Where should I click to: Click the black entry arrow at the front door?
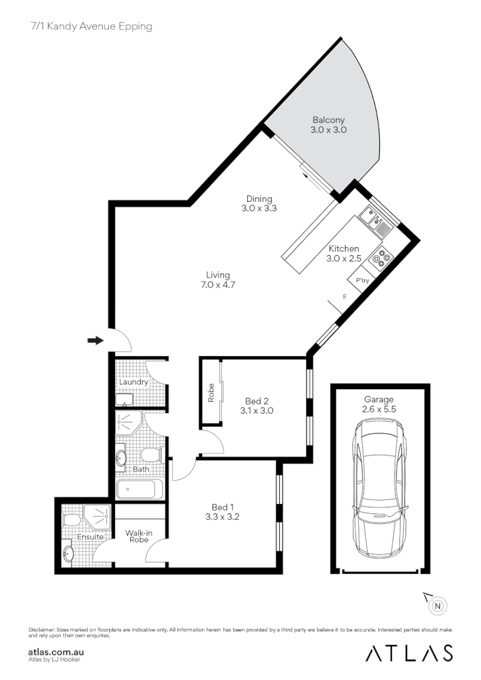[x=96, y=341]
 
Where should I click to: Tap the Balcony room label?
[x=329, y=120]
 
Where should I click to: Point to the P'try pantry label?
[x=363, y=282]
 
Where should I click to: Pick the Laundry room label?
[x=133, y=382]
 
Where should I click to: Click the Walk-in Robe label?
[x=140, y=536]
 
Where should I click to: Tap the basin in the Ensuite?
[x=68, y=552]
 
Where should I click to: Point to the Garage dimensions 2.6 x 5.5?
[x=379, y=410]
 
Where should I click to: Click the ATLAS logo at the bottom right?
[x=410, y=653]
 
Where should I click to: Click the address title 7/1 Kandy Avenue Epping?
[x=91, y=27]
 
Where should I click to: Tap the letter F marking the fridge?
[x=343, y=297]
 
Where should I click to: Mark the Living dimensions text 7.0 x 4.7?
[x=218, y=284]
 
